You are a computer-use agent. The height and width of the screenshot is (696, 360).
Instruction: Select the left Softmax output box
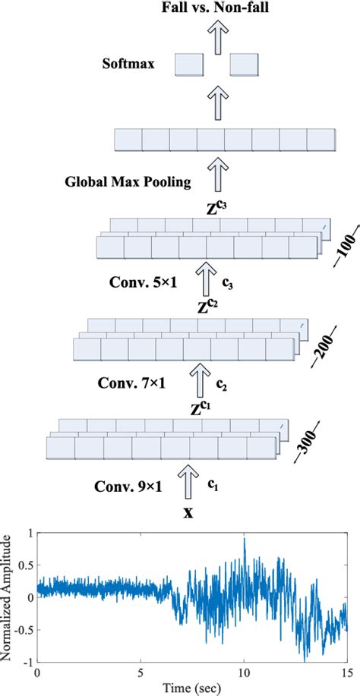click(189, 65)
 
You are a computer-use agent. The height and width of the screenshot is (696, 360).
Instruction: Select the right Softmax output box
click(245, 65)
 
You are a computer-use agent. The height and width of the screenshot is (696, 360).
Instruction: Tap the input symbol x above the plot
click(188, 512)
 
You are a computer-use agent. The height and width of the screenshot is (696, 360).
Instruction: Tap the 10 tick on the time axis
click(244, 673)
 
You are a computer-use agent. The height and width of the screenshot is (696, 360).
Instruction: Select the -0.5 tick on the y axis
click(24, 629)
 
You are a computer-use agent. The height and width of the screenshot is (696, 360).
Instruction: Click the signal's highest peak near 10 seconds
click(244, 540)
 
